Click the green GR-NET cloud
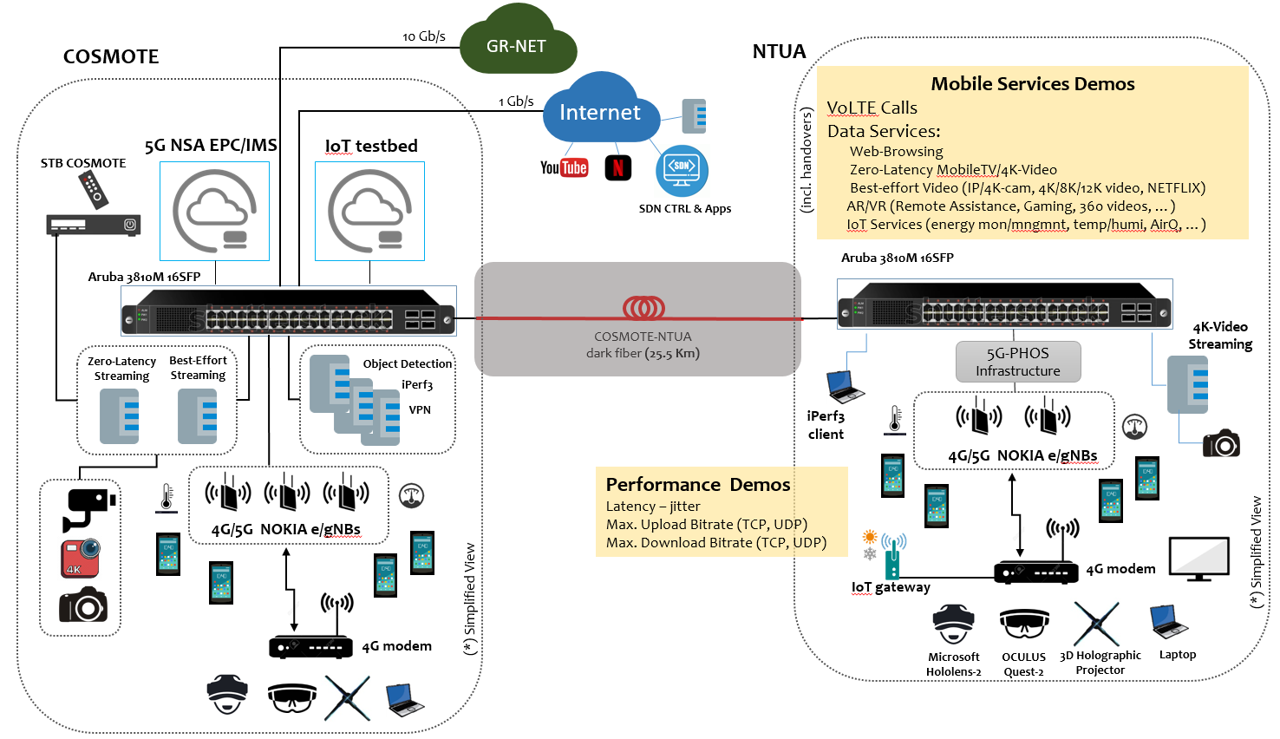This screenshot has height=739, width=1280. (517, 44)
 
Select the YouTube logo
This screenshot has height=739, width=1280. (564, 167)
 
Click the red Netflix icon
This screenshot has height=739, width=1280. (617, 167)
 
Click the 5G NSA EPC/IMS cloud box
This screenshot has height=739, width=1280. (214, 211)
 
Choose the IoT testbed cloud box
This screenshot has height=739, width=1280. (369, 211)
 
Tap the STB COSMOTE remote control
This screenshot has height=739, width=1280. (92, 189)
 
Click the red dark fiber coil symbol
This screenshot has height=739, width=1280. (643, 308)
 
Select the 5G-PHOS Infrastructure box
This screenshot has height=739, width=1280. (1018, 362)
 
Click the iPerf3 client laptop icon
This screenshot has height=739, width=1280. (844, 386)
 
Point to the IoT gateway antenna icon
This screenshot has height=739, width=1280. (892, 556)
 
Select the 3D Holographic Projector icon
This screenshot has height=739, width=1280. (1097, 624)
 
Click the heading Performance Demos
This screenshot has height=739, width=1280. (698, 485)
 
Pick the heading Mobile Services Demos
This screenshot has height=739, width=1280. (1032, 84)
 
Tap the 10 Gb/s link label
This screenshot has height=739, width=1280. (424, 36)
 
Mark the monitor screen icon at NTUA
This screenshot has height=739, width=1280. (1199, 558)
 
